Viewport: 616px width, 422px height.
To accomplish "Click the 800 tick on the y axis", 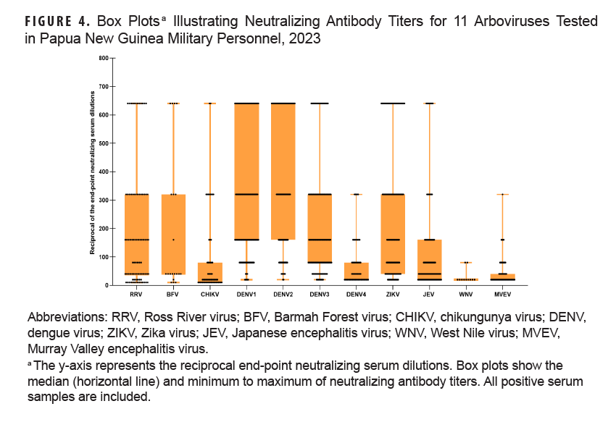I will click(x=103, y=58).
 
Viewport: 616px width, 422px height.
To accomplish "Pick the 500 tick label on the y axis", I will click(x=103, y=143).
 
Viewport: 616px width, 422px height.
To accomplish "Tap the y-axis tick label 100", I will click(x=103, y=257).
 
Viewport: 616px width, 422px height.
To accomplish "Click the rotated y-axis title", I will click(x=92, y=172).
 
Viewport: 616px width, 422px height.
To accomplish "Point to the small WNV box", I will click(x=467, y=279).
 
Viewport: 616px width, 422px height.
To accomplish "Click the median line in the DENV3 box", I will click(x=320, y=240).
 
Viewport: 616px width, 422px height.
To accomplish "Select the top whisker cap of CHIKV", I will click(x=210, y=104).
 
